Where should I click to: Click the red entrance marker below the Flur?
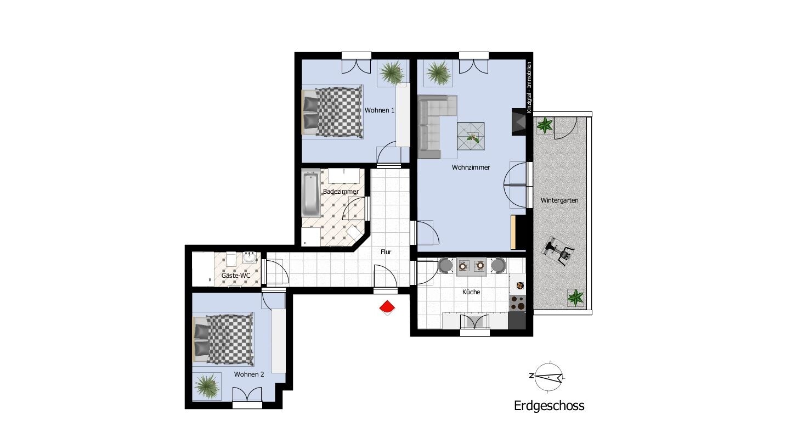(387, 307)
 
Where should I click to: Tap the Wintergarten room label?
(559, 200)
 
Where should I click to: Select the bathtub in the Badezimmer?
(311, 194)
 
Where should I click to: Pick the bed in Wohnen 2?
(223, 339)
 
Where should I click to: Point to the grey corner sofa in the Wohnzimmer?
(433, 124)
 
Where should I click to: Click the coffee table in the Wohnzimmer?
(471, 136)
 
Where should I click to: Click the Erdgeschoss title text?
(549, 406)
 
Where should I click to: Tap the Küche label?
(471, 292)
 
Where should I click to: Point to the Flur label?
(386, 252)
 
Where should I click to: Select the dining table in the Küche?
(472, 266)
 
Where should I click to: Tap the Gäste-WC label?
(236, 275)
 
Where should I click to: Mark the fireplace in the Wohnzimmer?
(518, 122)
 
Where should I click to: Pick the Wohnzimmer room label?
(471, 167)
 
